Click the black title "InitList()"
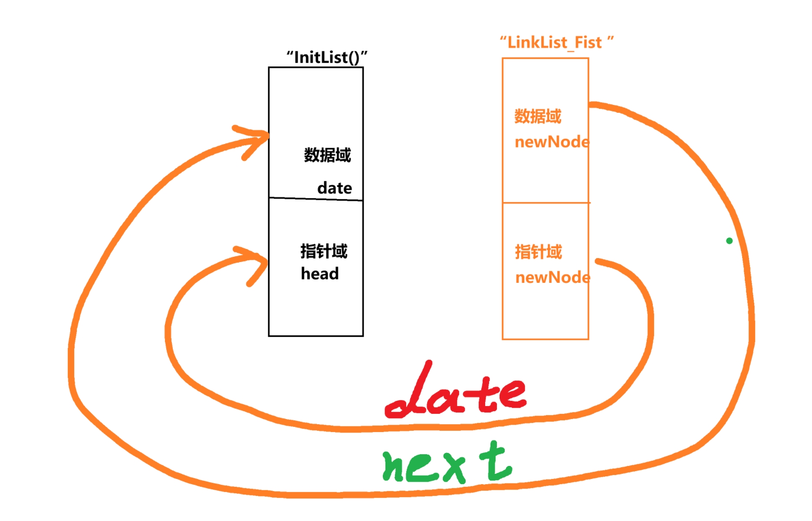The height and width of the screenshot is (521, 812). pos(326,57)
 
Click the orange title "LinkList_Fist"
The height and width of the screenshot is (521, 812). pos(556,43)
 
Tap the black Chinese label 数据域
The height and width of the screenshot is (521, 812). pos(327,155)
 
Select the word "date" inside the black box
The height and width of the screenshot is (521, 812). pos(335,188)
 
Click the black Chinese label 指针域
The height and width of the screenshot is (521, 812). pos(324,251)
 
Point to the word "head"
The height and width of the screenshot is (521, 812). pos(320,274)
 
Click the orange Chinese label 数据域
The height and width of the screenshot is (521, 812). pos(538,116)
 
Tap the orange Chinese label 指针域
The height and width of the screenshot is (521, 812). pos(539,252)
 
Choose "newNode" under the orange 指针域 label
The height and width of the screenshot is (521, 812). pos(552,278)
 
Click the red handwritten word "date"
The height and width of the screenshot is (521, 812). pos(456,393)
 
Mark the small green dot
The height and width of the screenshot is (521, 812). pos(729,241)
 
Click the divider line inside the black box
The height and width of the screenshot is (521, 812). pos(316,199)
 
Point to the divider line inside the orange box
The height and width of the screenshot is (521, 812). pos(546,203)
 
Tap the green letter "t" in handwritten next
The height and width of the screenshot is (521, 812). pos(495,462)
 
